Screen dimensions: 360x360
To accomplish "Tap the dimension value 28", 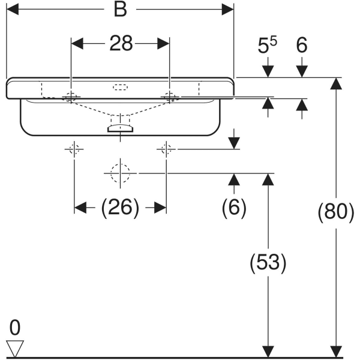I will click(121, 44).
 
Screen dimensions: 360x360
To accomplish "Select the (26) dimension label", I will click(120, 208).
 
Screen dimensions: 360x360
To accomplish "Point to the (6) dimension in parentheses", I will click(234, 208).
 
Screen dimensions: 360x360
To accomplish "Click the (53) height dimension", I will click(266, 262).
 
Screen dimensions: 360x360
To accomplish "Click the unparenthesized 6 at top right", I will click(302, 46).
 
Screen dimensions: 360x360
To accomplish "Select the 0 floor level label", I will click(14, 328).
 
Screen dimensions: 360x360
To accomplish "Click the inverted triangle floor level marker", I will click(14, 347).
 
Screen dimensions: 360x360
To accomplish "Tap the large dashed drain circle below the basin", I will click(121, 173).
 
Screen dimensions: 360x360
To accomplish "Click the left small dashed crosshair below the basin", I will click(74, 149).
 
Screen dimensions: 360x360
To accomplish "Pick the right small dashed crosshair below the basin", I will click(166, 149).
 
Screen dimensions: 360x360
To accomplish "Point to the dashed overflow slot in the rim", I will click(121, 87).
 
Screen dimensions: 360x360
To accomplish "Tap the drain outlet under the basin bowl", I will click(121, 127).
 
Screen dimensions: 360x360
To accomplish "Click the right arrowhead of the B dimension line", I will click(228, 10).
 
